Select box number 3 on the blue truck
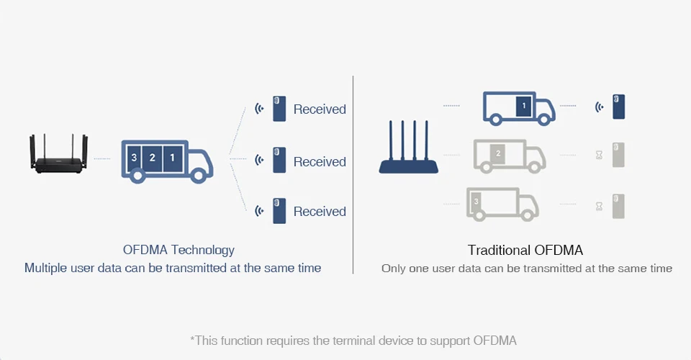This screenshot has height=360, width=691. [134, 157]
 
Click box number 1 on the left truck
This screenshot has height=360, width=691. [172, 157]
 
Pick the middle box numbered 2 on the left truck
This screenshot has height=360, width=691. [153, 157]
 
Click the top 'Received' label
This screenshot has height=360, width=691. [320, 109]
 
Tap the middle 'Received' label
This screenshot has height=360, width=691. [320, 162]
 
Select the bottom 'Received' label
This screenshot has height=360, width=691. [320, 212]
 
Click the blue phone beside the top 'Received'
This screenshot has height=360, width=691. [279, 109]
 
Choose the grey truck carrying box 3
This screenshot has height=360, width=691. [502, 204]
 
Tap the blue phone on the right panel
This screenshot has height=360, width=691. [618, 107]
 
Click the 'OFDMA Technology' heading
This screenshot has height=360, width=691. [179, 251]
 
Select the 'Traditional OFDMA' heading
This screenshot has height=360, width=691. [525, 251]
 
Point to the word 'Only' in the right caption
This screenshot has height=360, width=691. [393, 269]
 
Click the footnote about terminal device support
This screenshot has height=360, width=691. [353, 340]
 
